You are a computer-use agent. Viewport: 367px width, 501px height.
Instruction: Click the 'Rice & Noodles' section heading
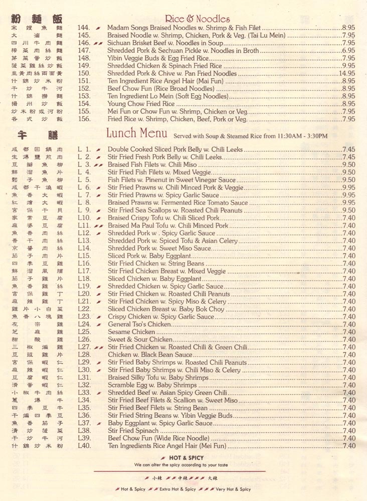pos(197,19)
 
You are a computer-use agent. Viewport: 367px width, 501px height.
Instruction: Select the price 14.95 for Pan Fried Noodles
pos(346,74)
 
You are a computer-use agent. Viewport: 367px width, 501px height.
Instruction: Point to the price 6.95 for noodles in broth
pos(348,51)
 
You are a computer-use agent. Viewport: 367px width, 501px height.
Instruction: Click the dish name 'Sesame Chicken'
pos(131,332)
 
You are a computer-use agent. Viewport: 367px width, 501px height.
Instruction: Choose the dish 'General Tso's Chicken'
pos(139,324)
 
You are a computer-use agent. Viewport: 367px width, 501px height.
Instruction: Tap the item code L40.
pos(84,446)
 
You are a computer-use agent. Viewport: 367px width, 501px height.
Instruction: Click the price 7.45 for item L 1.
pos(348,149)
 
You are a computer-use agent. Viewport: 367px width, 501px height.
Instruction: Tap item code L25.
pos(84,332)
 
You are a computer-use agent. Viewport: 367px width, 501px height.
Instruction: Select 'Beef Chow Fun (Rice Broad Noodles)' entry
pos(160,89)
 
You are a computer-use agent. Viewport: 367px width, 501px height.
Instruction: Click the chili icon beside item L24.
pos(99,325)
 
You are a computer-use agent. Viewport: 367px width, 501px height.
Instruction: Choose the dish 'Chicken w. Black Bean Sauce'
pos(150,355)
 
